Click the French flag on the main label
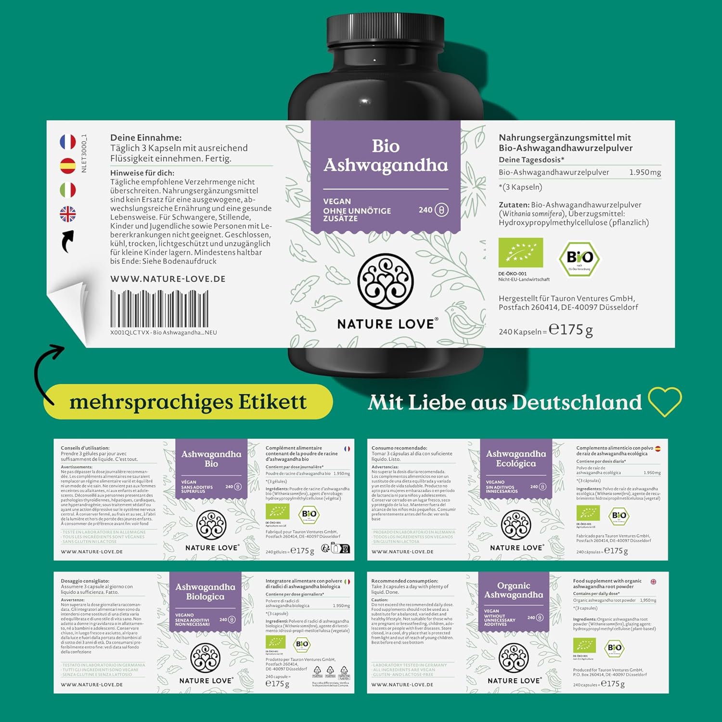click(68, 142)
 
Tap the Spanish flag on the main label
click(68, 166)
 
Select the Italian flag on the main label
click(68, 190)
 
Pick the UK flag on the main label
click(68, 214)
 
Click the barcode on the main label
click(159, 309)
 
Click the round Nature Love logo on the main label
click(386, 281)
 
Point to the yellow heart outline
click(665, 401)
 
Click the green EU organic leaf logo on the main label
click(521, 253)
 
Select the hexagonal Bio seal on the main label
click(579, 258)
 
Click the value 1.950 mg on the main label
click(645, 172)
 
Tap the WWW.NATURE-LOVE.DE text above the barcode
click(168, 279)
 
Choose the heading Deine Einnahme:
click(146, 138)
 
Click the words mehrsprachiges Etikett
click(188, 402)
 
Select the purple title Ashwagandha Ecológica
click(516, 458)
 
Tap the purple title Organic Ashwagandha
click(514, 590)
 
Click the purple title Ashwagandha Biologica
click(205, 592)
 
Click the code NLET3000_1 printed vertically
click(84, 154)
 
